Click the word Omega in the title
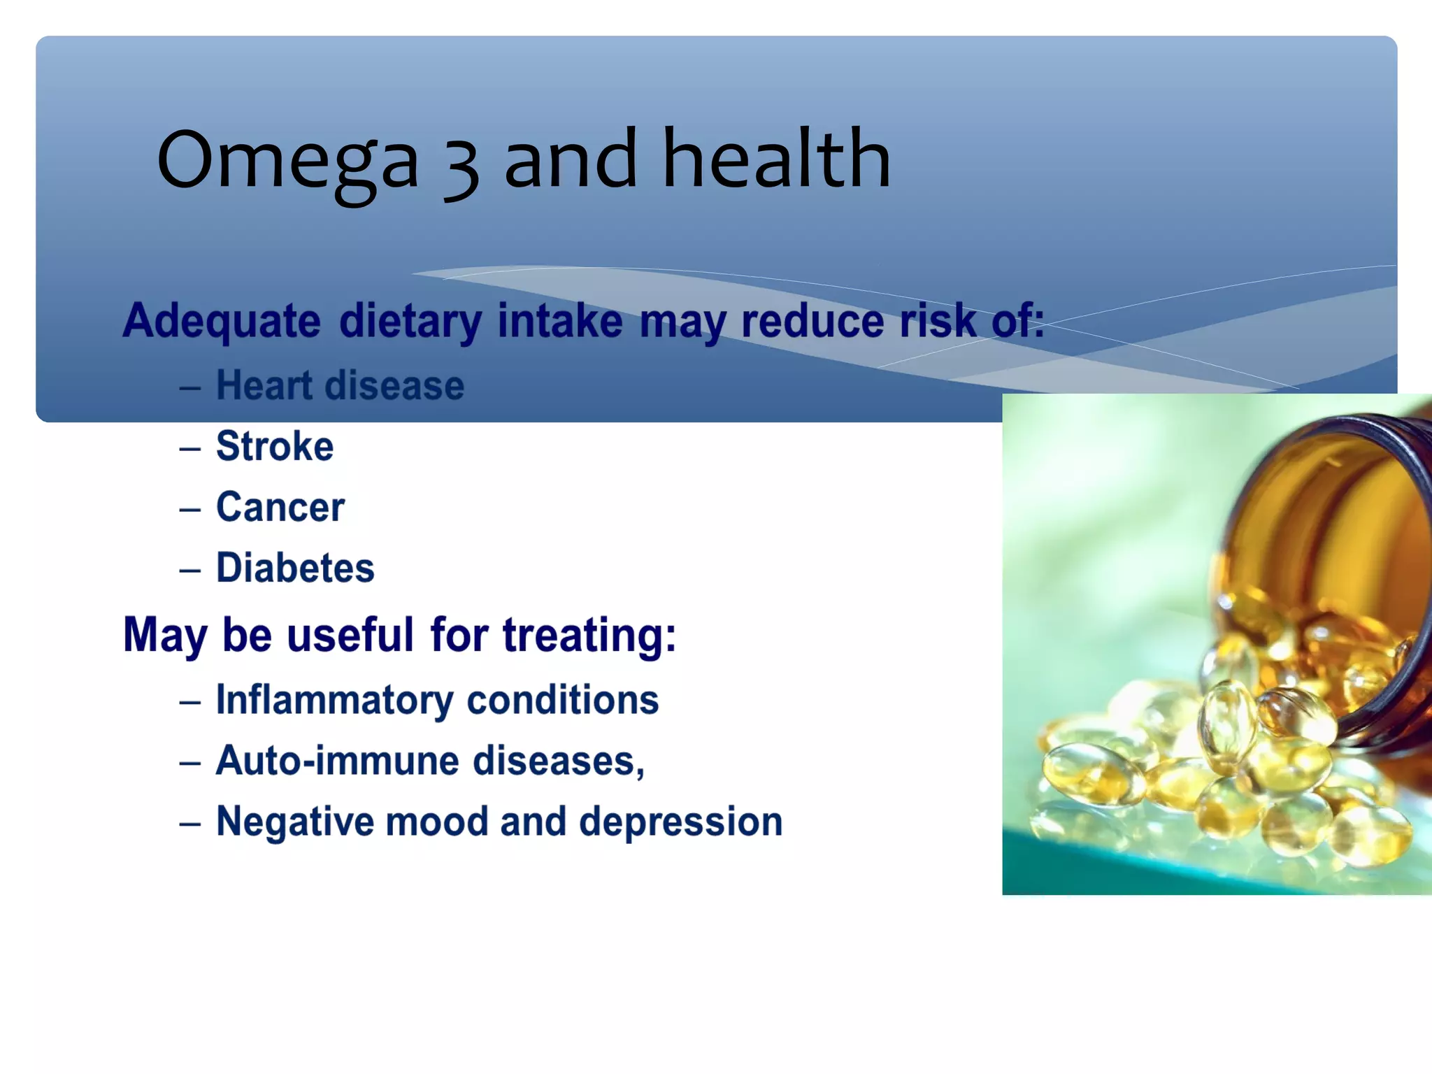(x=287, y=161)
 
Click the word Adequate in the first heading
(x=222, y=321)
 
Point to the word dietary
(x=410, y=321)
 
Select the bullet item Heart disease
(x=340, y=385)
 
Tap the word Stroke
(x=275, y=446)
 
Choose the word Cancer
(x=280, y=507)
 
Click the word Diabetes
(x=295, y=567)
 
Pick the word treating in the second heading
(x=589, y=635)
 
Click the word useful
(x=350, y=635)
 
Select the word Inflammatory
(x=334, y=700)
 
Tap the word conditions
(x=562, y=700)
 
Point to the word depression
(x=680, y=822)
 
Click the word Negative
(x=294, y=822)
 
